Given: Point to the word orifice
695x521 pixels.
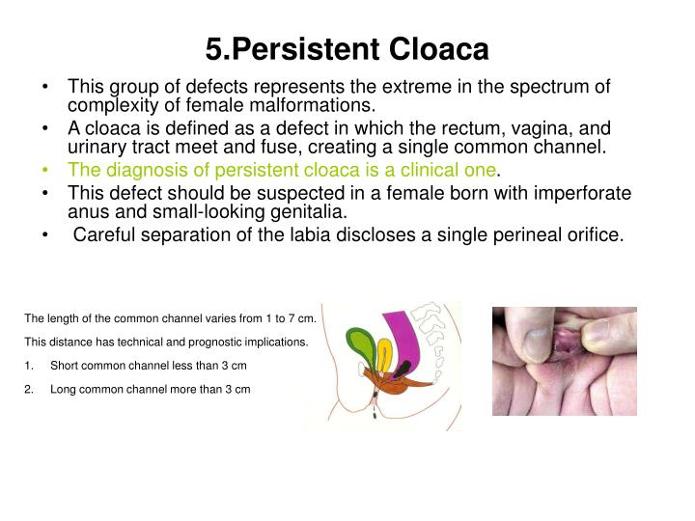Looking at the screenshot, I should click(590, 235).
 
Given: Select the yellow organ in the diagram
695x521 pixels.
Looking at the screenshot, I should click(384, 355).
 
